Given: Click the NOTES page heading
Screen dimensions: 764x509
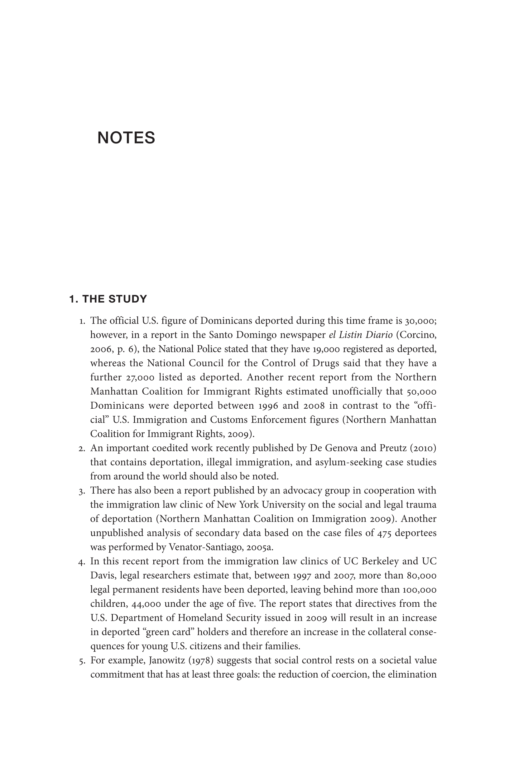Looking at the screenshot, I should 126,138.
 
